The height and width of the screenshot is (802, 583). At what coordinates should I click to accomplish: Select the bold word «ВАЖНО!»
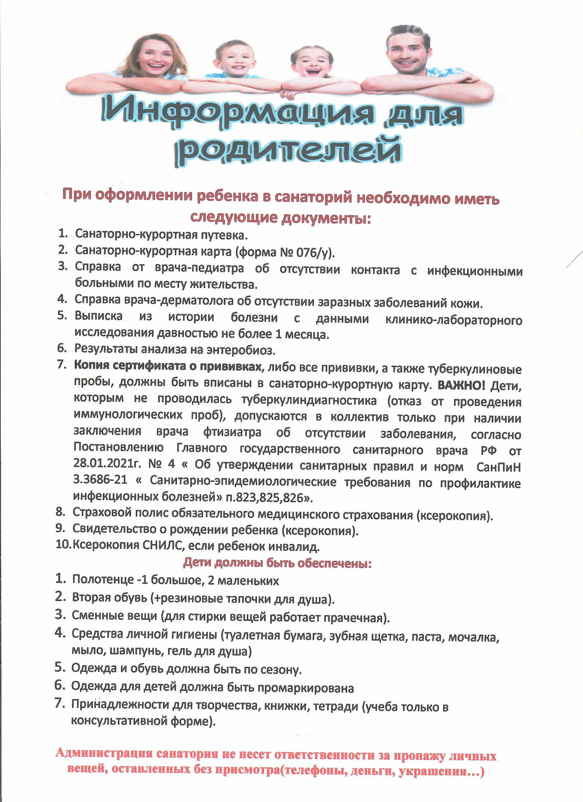point(461,386)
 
